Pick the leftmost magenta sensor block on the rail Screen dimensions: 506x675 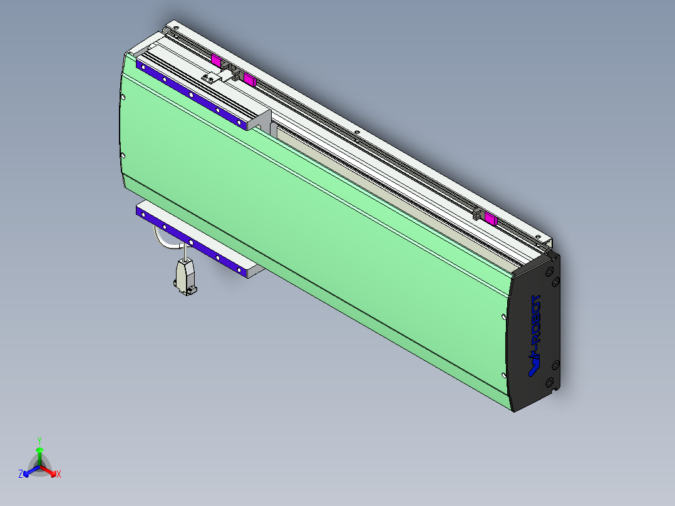[x=216, y=61]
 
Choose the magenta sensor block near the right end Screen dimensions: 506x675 [x=490, y=219]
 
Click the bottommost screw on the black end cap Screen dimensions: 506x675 [x=549, y=381]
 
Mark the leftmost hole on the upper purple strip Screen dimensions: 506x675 [x=143, y=66]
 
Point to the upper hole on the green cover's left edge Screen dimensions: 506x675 [x=123, y=97]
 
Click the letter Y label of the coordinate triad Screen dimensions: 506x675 [x=39, y=440]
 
